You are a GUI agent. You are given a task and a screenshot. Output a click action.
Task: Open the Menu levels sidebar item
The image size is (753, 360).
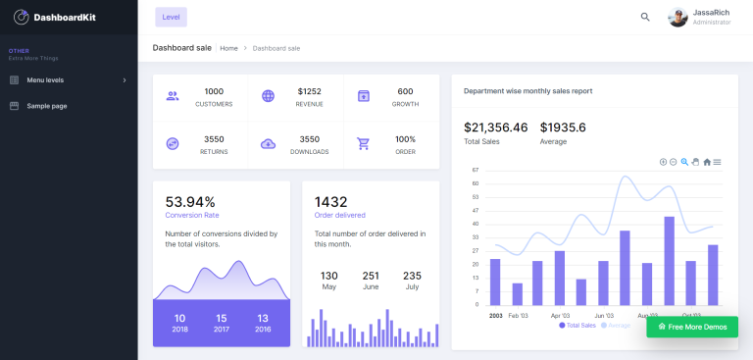point(45,79)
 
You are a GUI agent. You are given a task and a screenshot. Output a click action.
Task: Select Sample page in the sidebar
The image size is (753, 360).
point(46,106)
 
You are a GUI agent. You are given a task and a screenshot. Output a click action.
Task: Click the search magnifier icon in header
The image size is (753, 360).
point(645,17)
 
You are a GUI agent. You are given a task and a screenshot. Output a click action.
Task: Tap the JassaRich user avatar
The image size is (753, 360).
point(678,17)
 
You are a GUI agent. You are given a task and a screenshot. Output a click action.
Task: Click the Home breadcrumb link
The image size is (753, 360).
point(228,48)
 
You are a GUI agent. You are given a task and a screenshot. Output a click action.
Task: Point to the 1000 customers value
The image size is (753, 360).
point(214,91)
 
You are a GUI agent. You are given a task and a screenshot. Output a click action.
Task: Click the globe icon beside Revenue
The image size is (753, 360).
point(269,96)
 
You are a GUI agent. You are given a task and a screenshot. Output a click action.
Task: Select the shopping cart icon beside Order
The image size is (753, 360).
point(364,144)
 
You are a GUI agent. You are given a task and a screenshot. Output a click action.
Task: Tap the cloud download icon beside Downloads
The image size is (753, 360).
point(269,144)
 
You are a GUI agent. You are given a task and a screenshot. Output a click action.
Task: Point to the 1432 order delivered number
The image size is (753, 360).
point(331,202)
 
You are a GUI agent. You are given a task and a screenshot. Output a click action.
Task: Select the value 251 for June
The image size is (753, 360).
point(371,276)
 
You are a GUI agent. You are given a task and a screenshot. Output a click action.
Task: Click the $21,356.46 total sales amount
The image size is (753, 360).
point(495,128)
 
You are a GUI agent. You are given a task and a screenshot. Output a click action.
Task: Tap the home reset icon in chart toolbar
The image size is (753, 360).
point(707,162)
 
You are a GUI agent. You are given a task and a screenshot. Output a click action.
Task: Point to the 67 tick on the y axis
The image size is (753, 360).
point(476,170)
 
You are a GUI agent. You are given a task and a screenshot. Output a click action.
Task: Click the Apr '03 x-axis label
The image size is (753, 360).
point(560,316)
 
